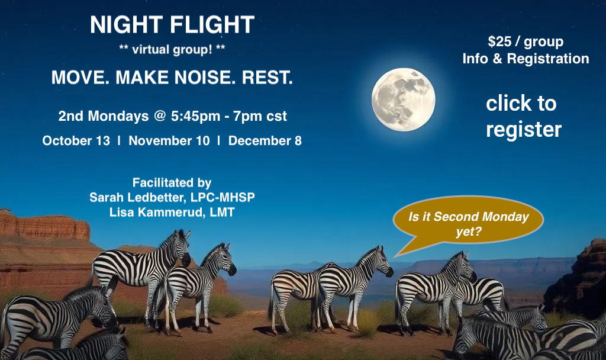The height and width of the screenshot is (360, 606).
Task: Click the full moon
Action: click(x=404, y=99)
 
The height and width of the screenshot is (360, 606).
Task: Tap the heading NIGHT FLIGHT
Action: click(x=172, y=25)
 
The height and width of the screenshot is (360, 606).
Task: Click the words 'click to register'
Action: click(x=523, y=116)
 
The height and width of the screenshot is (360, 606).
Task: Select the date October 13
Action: click(x=76, y=140)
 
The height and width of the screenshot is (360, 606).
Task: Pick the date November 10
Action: click(x=169, y=140)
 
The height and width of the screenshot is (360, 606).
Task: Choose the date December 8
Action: click(x=265, y=140)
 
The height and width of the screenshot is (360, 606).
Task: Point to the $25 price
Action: click(x=499, y=41)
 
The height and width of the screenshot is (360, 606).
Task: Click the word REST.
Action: click(x=267, y=78)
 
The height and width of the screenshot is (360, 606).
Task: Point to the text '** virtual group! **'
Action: click(x=172, y=50)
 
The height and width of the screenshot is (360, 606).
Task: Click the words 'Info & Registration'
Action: click(x=526, y=59)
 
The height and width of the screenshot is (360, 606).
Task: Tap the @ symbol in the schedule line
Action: click(x=160, y=115)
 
